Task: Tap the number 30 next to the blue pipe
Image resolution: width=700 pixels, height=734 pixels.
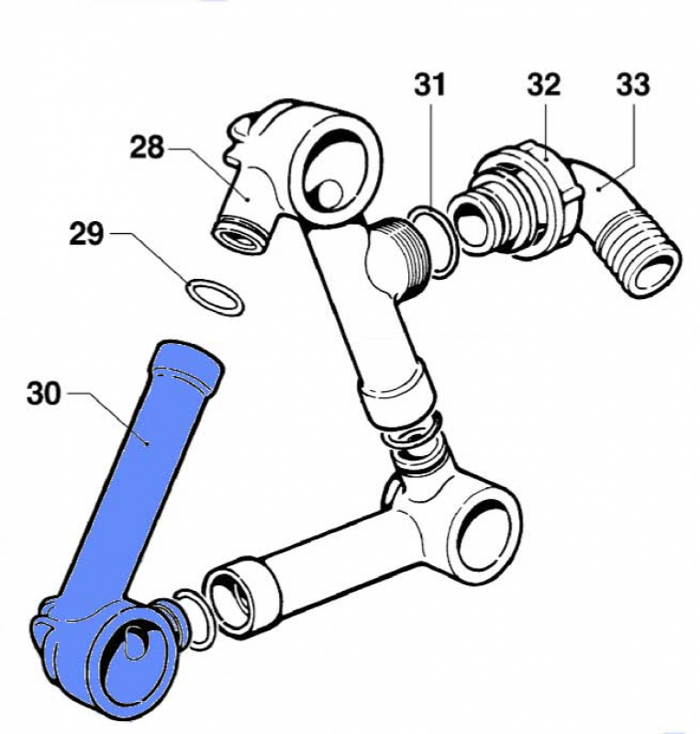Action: tap(46, 395)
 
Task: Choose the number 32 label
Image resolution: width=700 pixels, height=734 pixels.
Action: tap(543, 85)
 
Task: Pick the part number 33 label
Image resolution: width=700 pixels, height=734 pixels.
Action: tap(632, 85)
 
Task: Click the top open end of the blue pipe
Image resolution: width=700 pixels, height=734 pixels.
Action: tap(188, 354)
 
